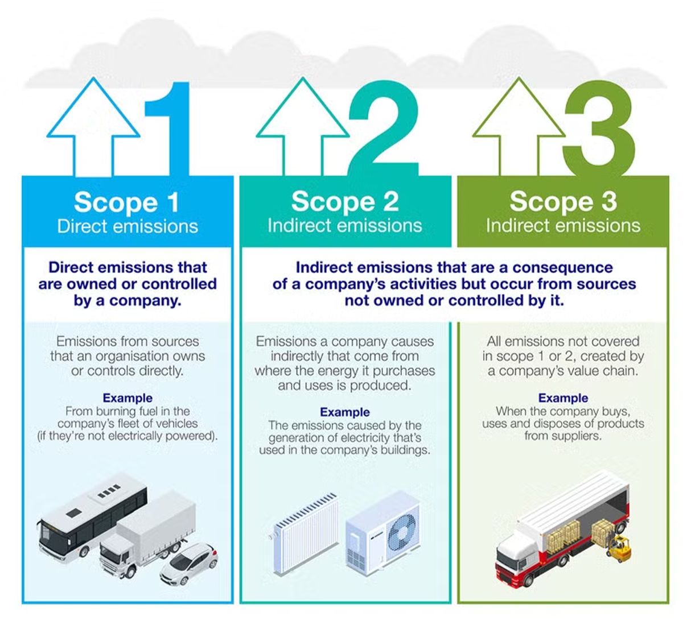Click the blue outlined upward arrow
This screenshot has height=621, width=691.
pos(93,125)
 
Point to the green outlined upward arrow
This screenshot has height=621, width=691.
pos(519,125)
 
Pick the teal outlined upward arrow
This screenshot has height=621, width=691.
pos(303,125)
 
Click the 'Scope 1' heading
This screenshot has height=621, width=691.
pos(126,202)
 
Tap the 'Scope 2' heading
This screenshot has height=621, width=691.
pos(344,202)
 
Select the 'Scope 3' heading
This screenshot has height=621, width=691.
pos(563,202)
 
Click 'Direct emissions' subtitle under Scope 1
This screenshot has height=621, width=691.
pos(127,226)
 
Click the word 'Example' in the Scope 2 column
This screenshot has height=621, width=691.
pos(345,412)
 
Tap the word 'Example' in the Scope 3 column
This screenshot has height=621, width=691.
pos(563,398)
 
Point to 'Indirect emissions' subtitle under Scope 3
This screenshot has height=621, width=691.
pos(563,226)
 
